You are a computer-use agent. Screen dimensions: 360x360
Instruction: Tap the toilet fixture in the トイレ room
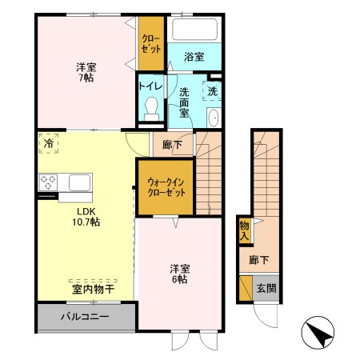tap(150, 110)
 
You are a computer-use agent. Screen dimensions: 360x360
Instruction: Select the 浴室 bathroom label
tap(194, 57)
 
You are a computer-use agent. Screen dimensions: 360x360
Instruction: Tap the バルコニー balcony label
tap(84, 316)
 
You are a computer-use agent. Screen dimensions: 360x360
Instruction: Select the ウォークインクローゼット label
tap(166, 187)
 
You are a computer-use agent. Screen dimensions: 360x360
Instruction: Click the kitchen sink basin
tap(79, 182)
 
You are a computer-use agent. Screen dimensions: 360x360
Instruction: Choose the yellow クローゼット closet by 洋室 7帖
tap(149, 43)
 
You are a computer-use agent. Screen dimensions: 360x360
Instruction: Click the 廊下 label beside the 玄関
tap(258, 260)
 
